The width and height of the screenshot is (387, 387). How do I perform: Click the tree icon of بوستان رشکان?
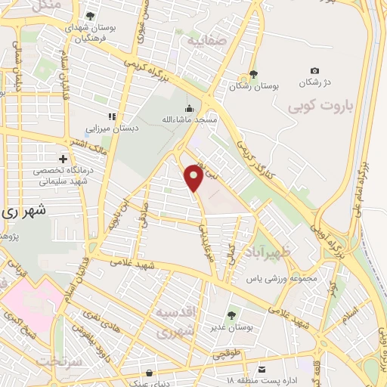(253, 75)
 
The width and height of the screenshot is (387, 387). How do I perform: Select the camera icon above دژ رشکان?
(314, 70)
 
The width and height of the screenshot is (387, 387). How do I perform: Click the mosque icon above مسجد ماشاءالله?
(189, 107)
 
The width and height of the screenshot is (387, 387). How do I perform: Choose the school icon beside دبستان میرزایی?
(112, 116)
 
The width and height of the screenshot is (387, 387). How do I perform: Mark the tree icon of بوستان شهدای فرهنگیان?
(91, 16)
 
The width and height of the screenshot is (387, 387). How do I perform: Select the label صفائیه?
(206, 36)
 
